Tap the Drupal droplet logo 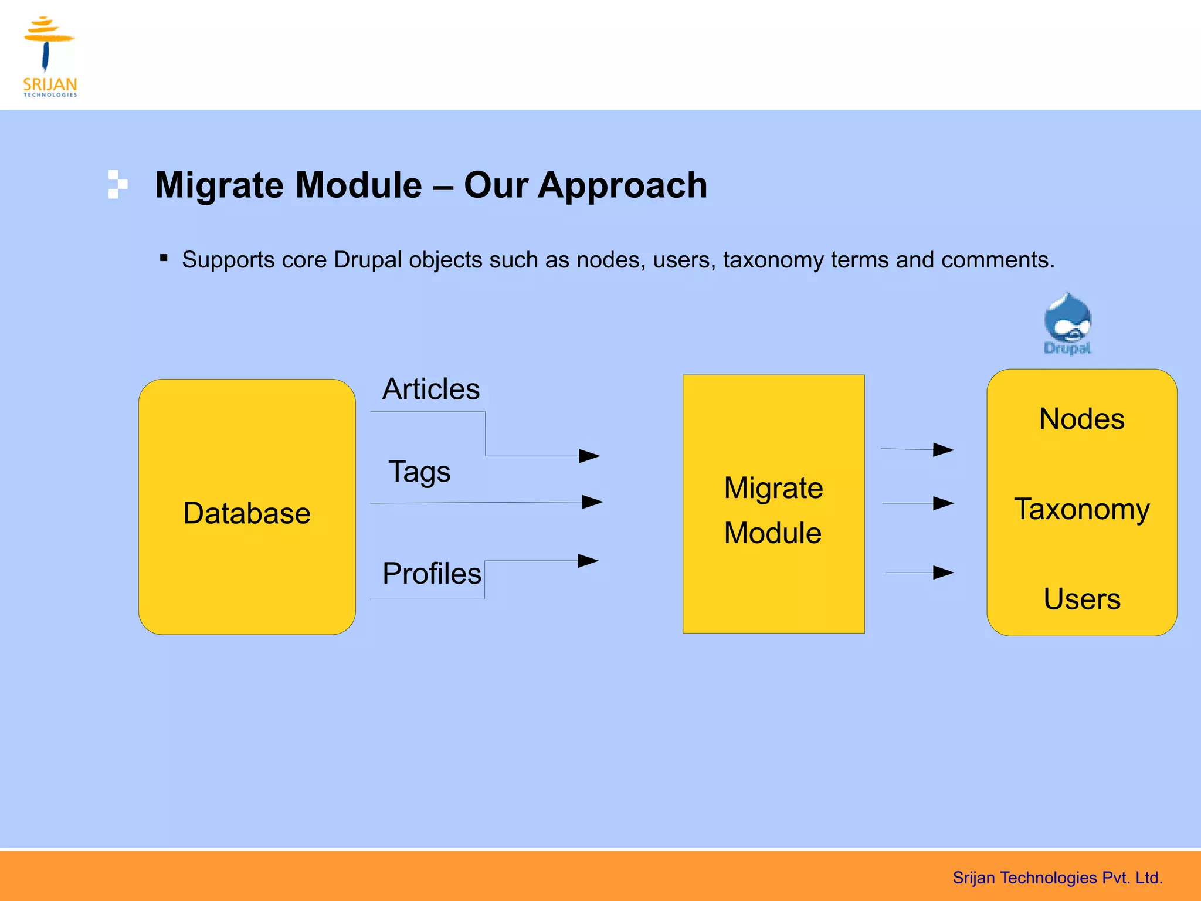coord(1067,323)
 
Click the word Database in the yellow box coord(247,513)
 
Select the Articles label coord(431,389)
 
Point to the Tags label coord(419,472)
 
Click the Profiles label coord(432,574)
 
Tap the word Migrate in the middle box coord(773,488)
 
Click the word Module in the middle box coord(772,533)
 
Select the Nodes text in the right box coord(1081,419)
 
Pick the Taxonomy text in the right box coord(1081,509)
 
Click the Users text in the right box coord(1081,599)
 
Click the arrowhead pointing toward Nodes coord(944,450)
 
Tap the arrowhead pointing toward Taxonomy coord(944,503)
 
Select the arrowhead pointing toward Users coord(944,573)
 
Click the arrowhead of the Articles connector coord(589,456)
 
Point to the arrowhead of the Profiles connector coord(588,561)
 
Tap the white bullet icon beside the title coord(117,184)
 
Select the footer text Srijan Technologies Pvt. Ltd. coord(1057,878)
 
